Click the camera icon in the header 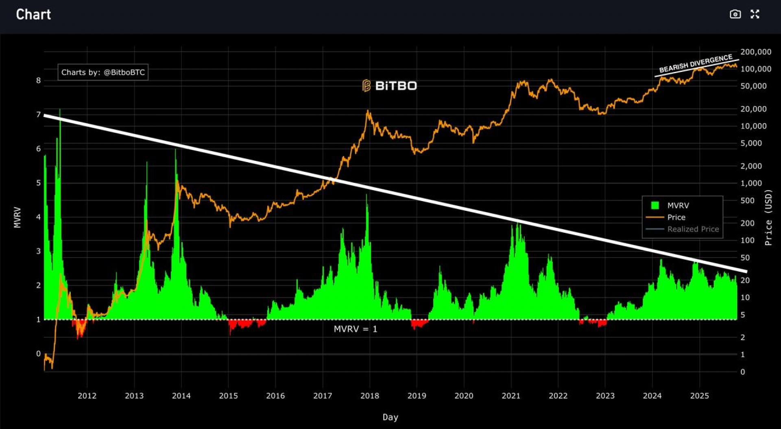click(735, 14)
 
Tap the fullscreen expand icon click(755, 14)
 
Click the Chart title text click(33, 15)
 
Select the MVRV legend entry click(678, 206)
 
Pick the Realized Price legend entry click(693, 229)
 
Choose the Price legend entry click(676, 217)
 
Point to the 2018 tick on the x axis click(369, 396)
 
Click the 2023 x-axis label click(605, 396)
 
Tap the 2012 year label click(87, 396)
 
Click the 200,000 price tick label click(755, 52)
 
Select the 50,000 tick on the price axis click(753, 86)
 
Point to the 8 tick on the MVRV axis click(39, 80)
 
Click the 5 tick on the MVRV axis click(39, 183)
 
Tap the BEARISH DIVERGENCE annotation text click(696, 64)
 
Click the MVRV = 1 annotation click(356, 329)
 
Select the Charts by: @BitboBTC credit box click(103, 72)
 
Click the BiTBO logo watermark click(390, 86)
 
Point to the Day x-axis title click(390, 417)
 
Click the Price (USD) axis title click(768, 217)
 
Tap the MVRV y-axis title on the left click(17, 217)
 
